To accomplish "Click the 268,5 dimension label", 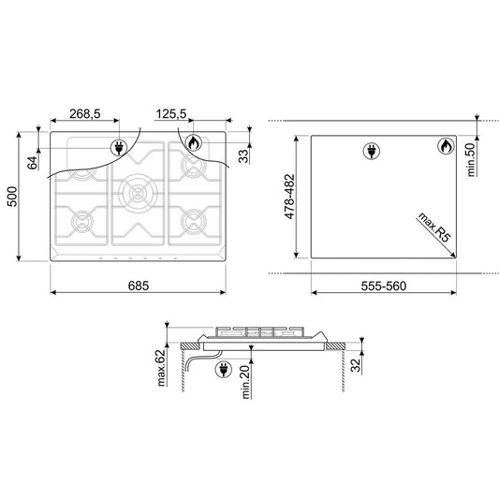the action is [x=84, y=113].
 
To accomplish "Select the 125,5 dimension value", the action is [x=171, y=113].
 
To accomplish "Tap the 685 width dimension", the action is [x=139, y=286].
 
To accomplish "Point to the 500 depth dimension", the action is [x=12, y=197].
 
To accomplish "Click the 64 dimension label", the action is [x=32, y=163].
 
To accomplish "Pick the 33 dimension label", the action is [x=243, y=156].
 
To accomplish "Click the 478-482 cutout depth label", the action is [x=289, y=197].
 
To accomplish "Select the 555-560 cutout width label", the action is [x=384, y=286].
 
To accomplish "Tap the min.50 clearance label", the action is [x=471, y=159].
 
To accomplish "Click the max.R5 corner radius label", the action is [x=434, y=227].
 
